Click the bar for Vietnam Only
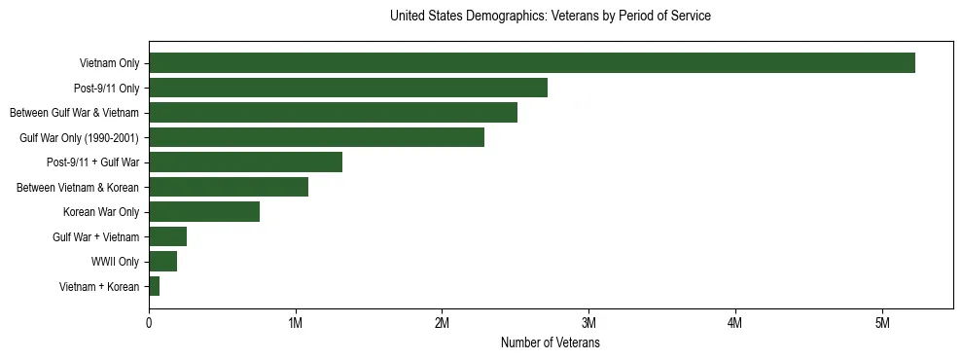531,63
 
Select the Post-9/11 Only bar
348,88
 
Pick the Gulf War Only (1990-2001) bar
316,137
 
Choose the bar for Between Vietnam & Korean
229,187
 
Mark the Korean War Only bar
204,212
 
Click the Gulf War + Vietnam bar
167,236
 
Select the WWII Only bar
162,262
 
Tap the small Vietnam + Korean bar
154,286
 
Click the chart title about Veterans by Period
550,17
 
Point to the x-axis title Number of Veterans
550,343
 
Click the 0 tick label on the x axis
149,323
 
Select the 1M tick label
296,323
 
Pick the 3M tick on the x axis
588,323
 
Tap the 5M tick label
881,323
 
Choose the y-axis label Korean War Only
101,212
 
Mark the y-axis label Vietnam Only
109,64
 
